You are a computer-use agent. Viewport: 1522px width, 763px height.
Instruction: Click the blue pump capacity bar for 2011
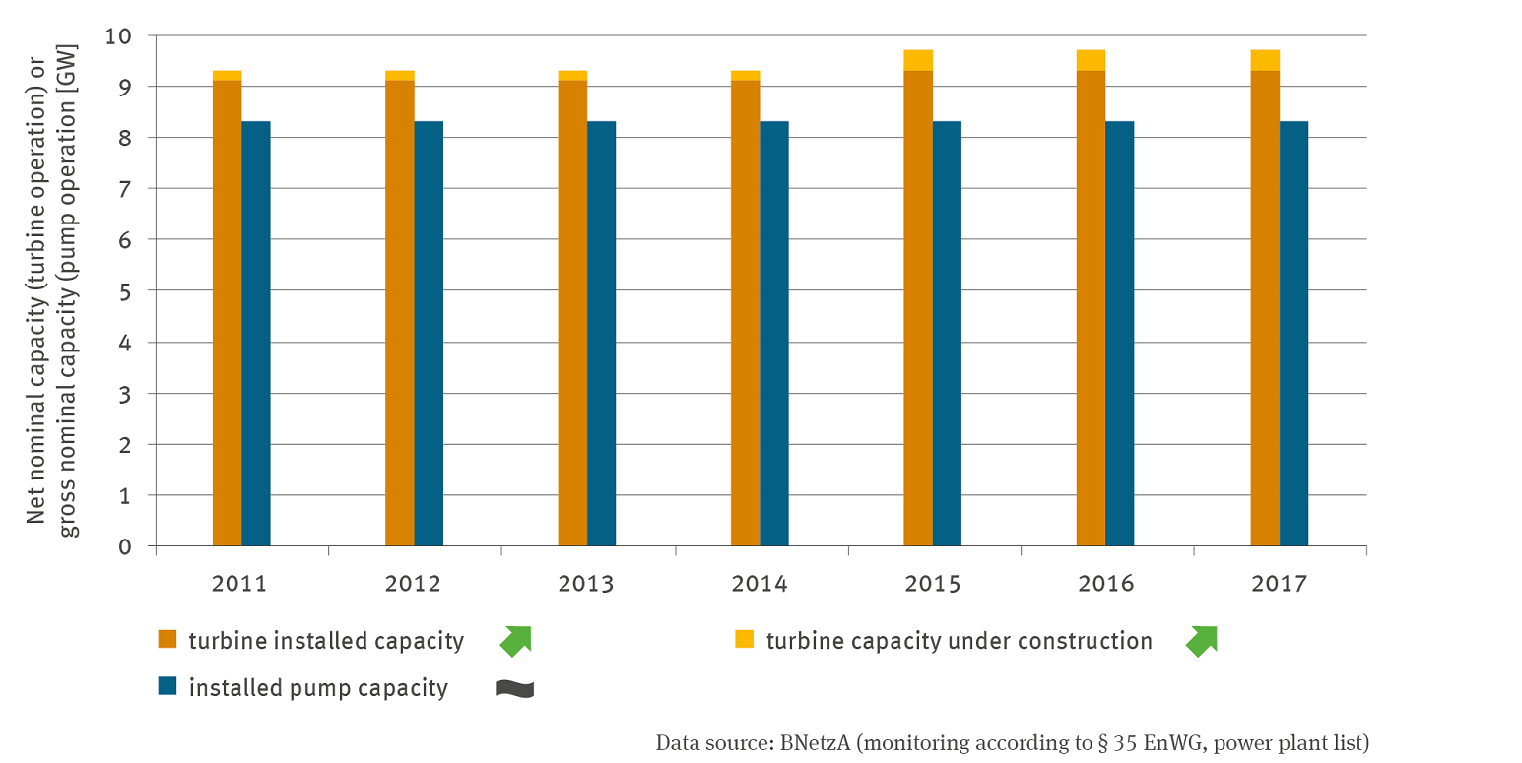click(256, 334)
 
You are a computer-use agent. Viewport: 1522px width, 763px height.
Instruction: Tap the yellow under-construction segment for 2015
click(918, 60)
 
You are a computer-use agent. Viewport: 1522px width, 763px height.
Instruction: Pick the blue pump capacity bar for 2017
click(1293, 334)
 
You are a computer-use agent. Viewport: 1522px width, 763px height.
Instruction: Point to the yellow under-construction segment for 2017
click(1265, 60)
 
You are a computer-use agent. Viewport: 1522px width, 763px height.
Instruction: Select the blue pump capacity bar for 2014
click(774, 334)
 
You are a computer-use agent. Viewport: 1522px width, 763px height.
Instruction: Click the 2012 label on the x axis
click(413, 584)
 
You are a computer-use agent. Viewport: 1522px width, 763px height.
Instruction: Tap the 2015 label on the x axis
click(932, 584)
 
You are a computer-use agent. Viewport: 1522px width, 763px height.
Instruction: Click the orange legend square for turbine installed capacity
click(167, 641)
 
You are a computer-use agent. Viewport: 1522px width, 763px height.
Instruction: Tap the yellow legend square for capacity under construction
click(746, 641)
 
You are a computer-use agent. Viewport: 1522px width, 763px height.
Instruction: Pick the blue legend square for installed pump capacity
click(167, 687)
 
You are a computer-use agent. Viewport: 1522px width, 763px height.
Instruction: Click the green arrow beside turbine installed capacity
click(515, 641)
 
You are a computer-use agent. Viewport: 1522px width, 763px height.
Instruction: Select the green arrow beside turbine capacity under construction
click(1201, 641)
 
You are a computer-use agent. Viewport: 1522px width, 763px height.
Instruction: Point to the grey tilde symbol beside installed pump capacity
click(515, 688)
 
